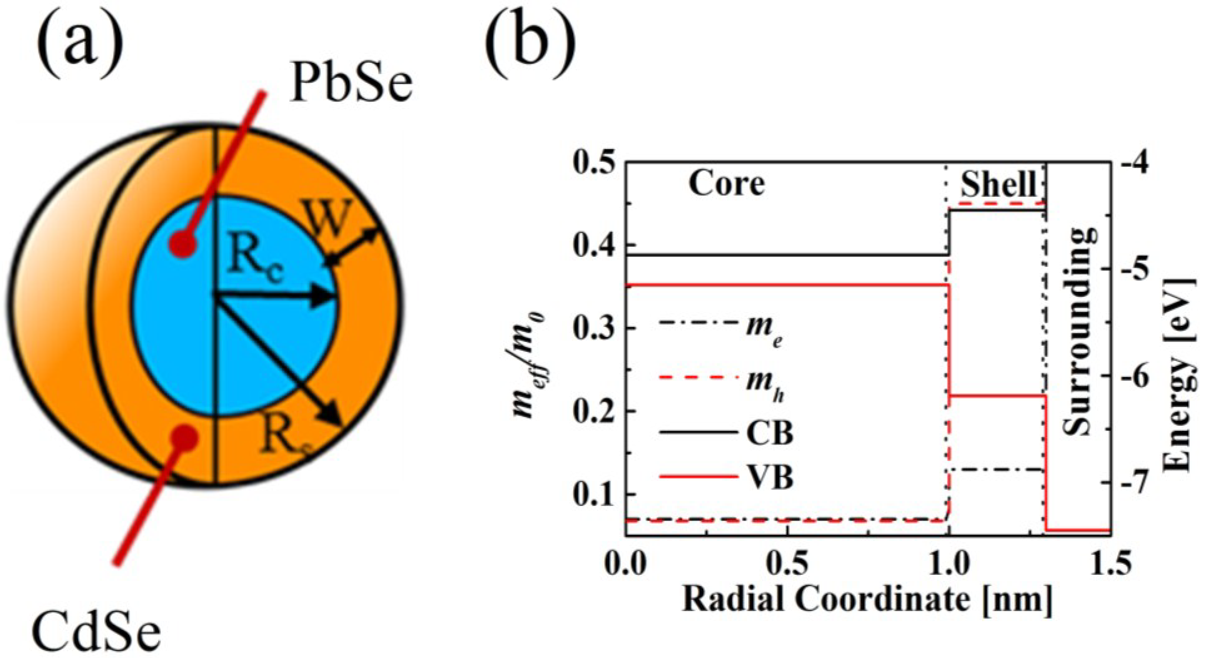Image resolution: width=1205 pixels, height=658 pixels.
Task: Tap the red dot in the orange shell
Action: point(185,437)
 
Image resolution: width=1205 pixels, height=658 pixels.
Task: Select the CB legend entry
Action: point(769,434)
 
